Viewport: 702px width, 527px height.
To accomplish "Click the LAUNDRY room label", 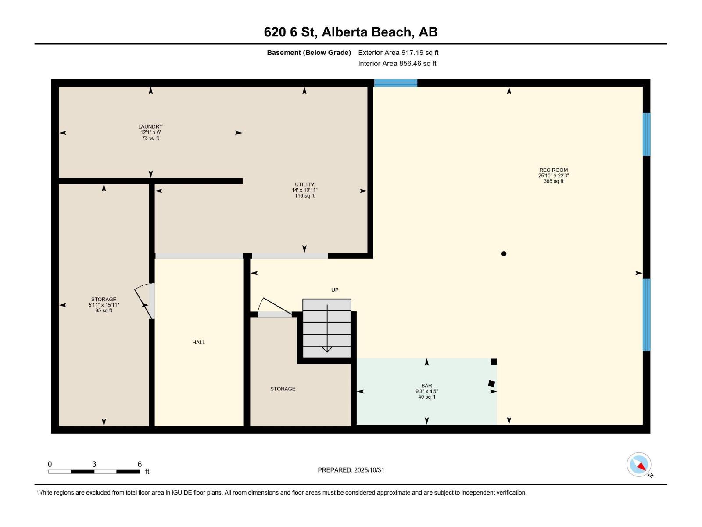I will [150, 126].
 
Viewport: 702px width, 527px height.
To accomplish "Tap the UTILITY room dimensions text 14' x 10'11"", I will [304, 190].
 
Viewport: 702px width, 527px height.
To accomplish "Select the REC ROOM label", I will [553, 170].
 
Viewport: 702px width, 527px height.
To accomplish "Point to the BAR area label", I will [426, 386].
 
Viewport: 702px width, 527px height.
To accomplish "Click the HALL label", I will [199, 343].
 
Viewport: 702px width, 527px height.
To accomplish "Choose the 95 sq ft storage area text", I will [104, 310].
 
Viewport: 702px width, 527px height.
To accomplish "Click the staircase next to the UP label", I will [327, 328].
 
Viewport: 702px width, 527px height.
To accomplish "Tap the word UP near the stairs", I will [335, 290].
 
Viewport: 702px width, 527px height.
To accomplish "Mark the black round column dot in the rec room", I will [504, 254].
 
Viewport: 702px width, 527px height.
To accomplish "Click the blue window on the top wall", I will [395, 83].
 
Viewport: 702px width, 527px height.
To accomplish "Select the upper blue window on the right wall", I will [646, 134].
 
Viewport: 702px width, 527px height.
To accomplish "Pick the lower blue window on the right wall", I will [646, 315].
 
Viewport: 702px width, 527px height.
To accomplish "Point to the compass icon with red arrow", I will [639, 465].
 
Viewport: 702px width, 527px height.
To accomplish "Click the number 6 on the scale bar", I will [140, 464].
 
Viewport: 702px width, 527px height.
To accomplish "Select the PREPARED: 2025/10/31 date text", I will [351, 470].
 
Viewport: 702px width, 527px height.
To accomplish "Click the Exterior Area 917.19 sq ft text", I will [398, 53].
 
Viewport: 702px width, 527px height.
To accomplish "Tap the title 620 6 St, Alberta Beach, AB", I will [351, 32].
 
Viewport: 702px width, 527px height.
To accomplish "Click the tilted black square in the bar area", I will [491, 383].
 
